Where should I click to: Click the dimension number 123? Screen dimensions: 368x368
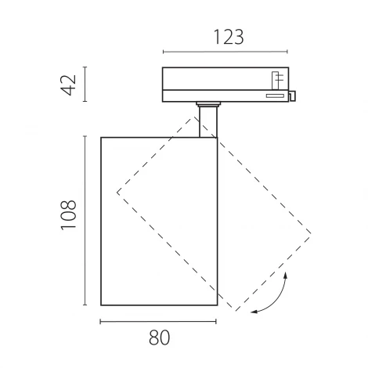tap(229, 37)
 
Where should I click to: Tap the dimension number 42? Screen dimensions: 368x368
tap(68, 85)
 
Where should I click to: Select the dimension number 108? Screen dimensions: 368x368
tap(68, 215)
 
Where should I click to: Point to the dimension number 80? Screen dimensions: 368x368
tap(159, 337)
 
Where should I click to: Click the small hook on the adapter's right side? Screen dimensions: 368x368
tap(292, 96)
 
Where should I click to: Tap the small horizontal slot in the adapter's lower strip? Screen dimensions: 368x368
tap(275, 96)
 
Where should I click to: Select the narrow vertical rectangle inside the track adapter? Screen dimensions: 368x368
tap(276, 81)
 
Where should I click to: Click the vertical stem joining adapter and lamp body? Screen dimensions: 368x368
tap(208, 121)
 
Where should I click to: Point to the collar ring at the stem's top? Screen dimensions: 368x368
tap(208, 104)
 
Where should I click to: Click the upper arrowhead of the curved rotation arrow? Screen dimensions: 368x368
tap(286, 275)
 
